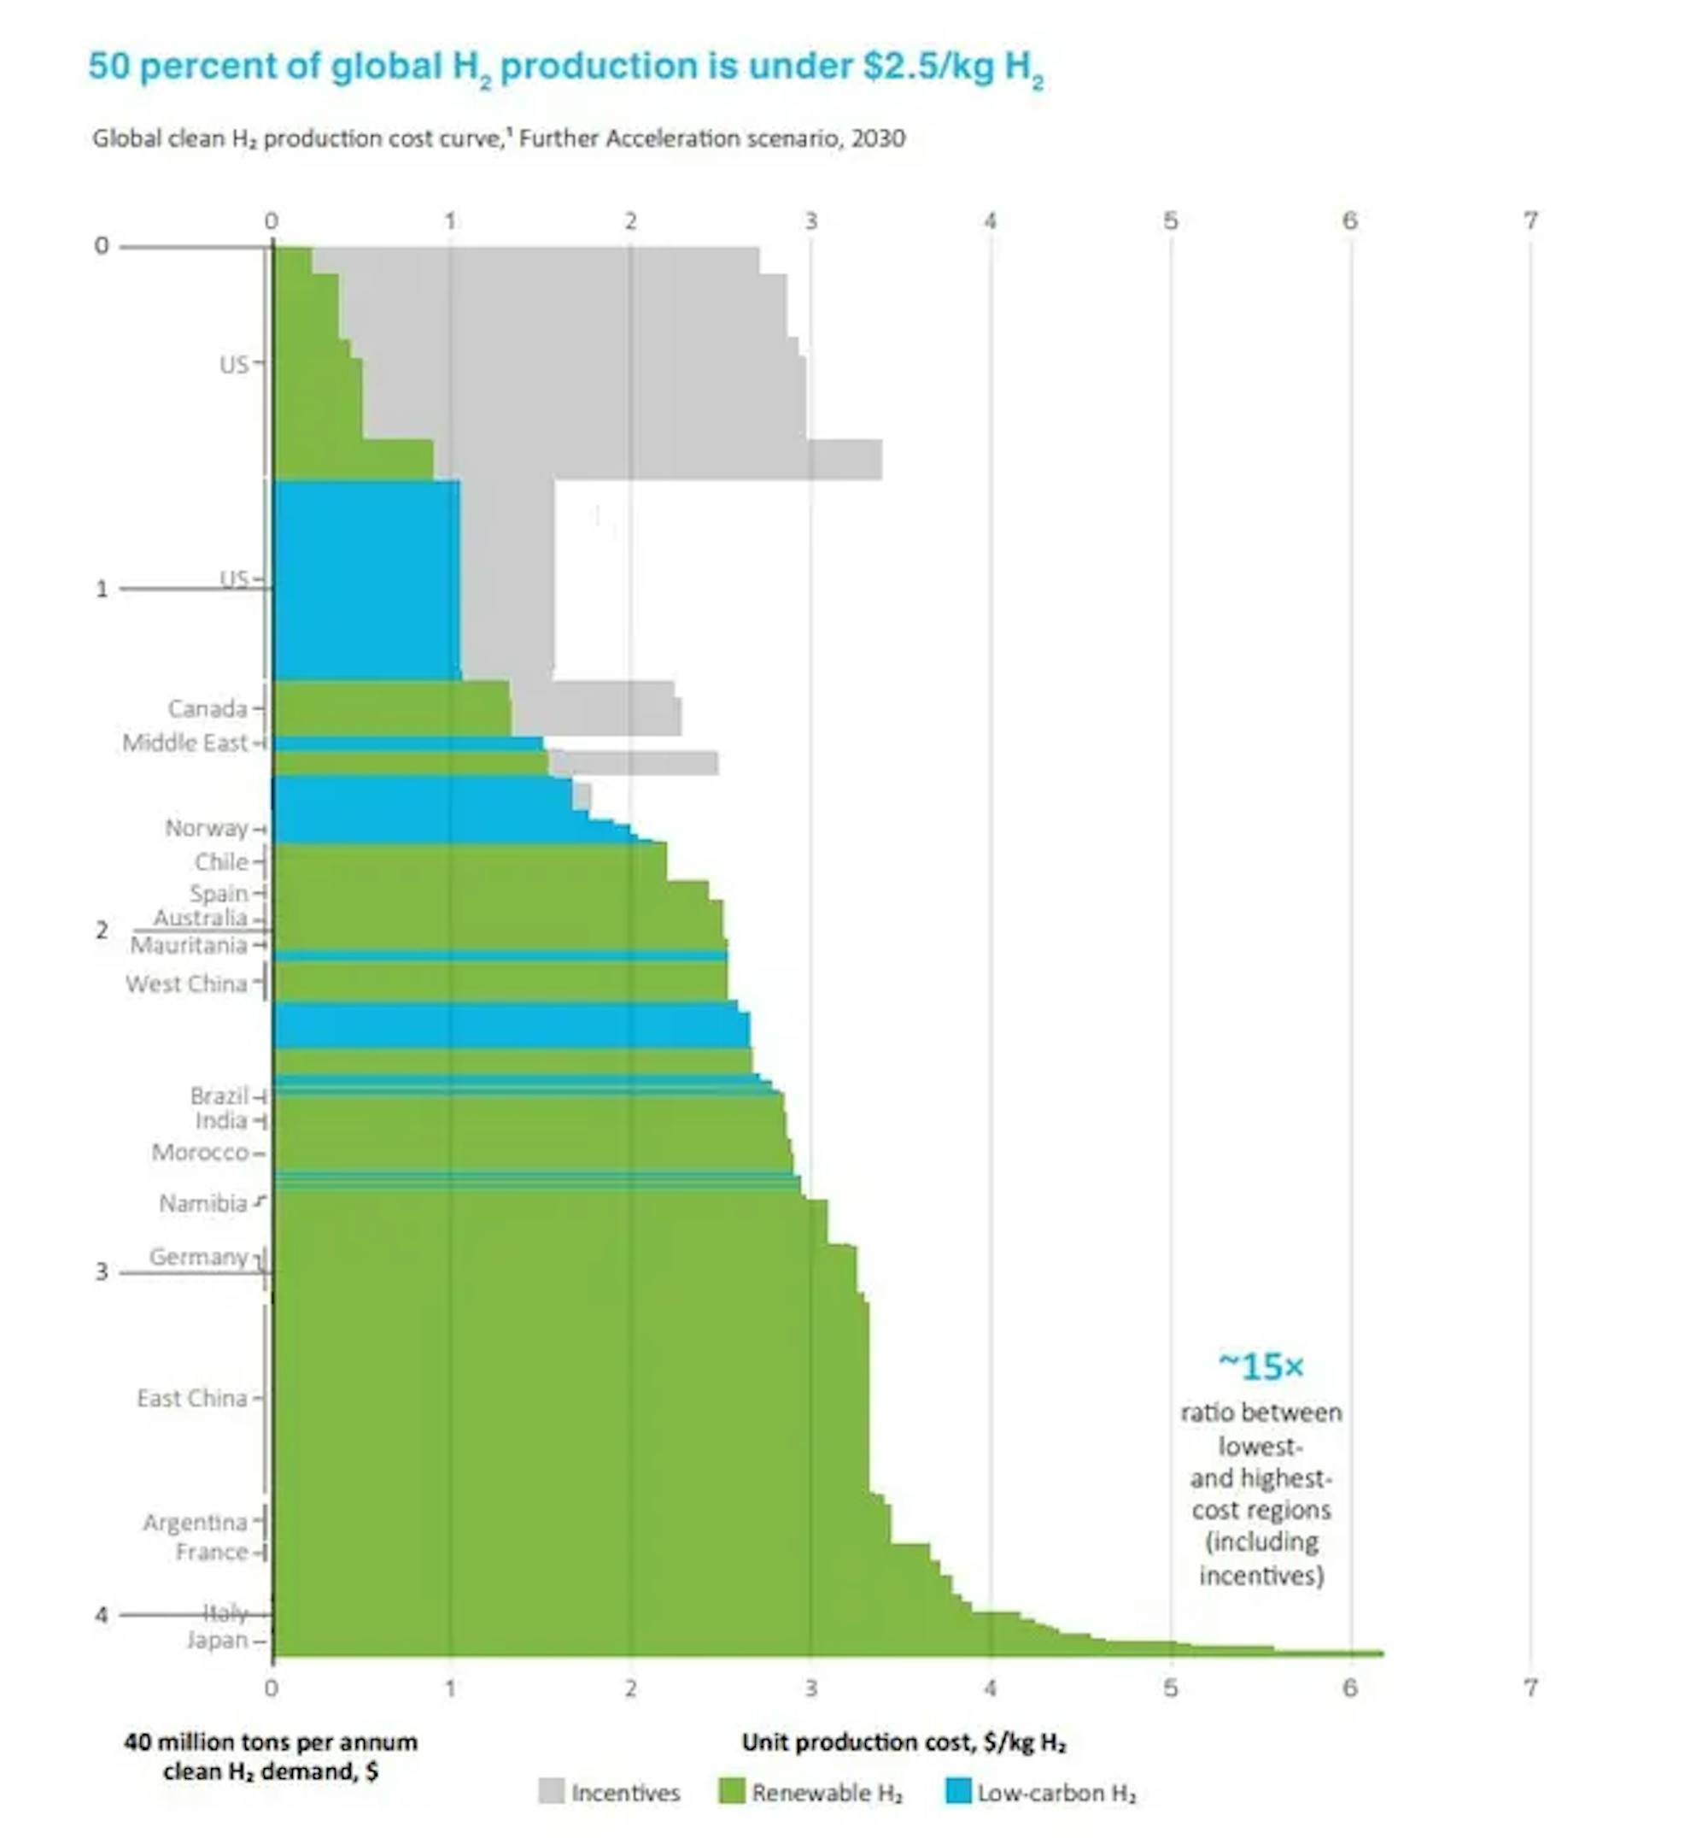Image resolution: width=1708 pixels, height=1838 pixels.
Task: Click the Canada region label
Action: click(208, 708)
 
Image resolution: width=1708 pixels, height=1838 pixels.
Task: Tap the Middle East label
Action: click(184, 743)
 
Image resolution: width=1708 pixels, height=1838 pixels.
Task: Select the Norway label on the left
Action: click(206, 827)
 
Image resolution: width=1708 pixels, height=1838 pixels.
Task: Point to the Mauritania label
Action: click(189, 945)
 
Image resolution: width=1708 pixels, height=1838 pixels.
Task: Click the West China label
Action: click(187, 984)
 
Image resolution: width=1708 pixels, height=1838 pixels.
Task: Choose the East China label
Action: click(192, 1398)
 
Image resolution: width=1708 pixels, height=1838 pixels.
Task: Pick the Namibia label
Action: click(203, 1203)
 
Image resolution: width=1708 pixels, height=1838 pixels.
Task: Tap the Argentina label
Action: click(195, 1522)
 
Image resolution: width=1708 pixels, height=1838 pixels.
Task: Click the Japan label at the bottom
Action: click(217, 1639)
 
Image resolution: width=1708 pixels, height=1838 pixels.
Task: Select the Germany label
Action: click(199, 1256)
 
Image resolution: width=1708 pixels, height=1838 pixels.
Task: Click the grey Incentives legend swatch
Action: click(551, 1792)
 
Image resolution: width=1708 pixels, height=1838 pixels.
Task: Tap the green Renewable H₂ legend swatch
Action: click(731, 1792)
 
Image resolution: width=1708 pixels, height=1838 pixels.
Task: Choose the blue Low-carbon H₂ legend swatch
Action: click(958, 1792)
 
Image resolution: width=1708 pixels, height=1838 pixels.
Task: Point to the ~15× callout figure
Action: click(1260, 1366)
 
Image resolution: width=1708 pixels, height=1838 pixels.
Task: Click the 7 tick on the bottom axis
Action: click(1530, 1688)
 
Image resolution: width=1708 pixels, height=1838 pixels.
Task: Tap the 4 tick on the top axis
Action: click(990, 221)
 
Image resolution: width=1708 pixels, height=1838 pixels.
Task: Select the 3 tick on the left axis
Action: click(102, 1272)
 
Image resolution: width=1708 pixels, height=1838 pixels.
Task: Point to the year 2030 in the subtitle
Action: click(878, 138)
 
